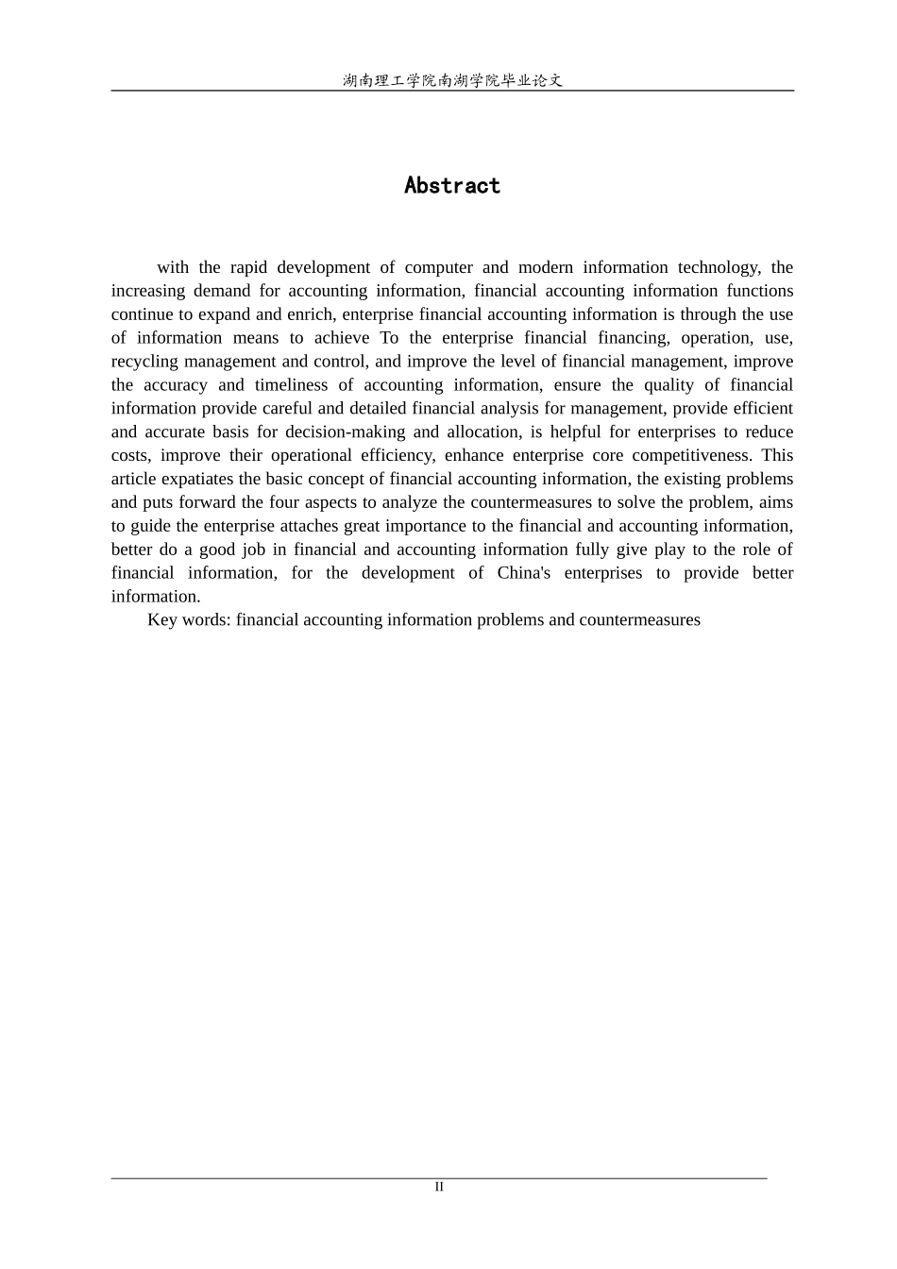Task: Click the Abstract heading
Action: pyautogui.click(x=451, y=185)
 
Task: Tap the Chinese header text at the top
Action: pyautogui.click(x=452, y=80)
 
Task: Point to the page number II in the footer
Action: pyautogui.click(x=439, y=1187)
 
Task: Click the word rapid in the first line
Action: pyautogui.click(x=248, y=267)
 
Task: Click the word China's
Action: pyautogui.click(x=523, y=573)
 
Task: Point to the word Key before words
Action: pyautogui.click(x=161, y=620)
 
